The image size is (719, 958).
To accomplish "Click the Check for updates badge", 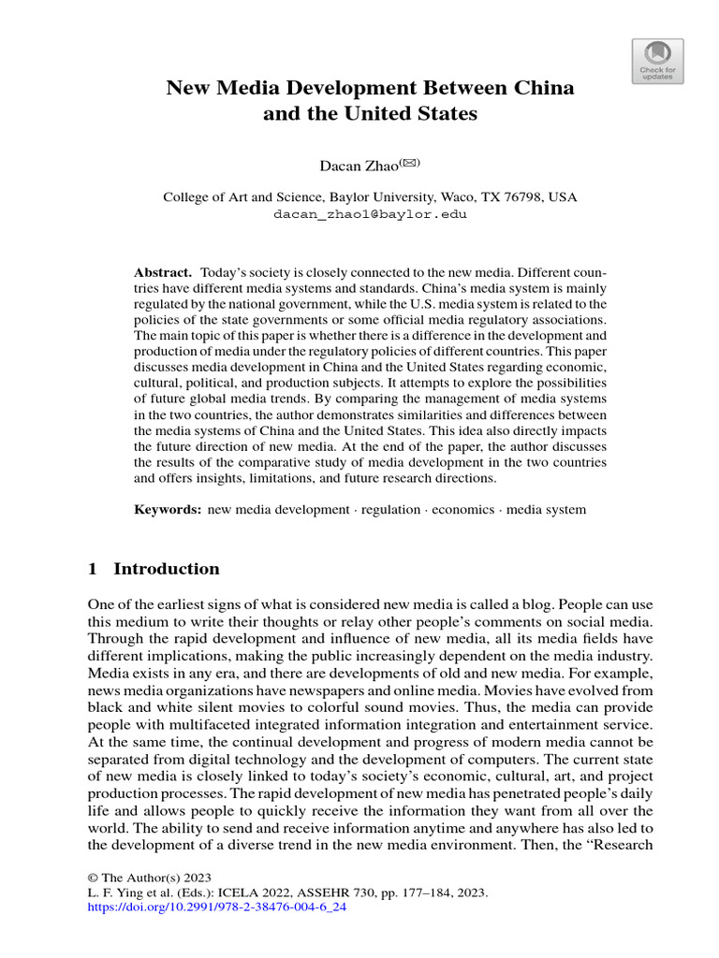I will [658, 62].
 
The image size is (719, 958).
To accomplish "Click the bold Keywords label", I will [168, 509].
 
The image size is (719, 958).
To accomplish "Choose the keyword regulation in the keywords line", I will [390, 509].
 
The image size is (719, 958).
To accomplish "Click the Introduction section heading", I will [166, 569].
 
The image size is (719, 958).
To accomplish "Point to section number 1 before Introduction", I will [93, 569].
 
